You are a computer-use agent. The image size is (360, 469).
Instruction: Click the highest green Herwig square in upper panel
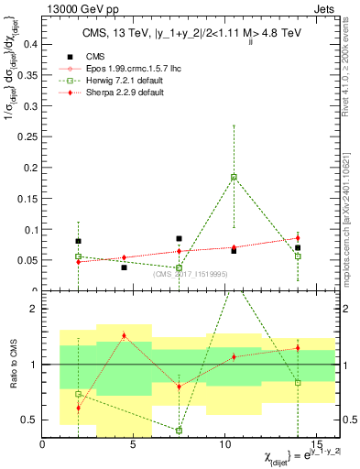click(x=234, y=176)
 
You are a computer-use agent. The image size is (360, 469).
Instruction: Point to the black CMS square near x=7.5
click(x=180, y=238)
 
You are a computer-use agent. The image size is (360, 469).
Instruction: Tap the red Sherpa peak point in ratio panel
click(x=124, y=335)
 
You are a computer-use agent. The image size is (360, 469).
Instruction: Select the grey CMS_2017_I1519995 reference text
click(x=190, y=272)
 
